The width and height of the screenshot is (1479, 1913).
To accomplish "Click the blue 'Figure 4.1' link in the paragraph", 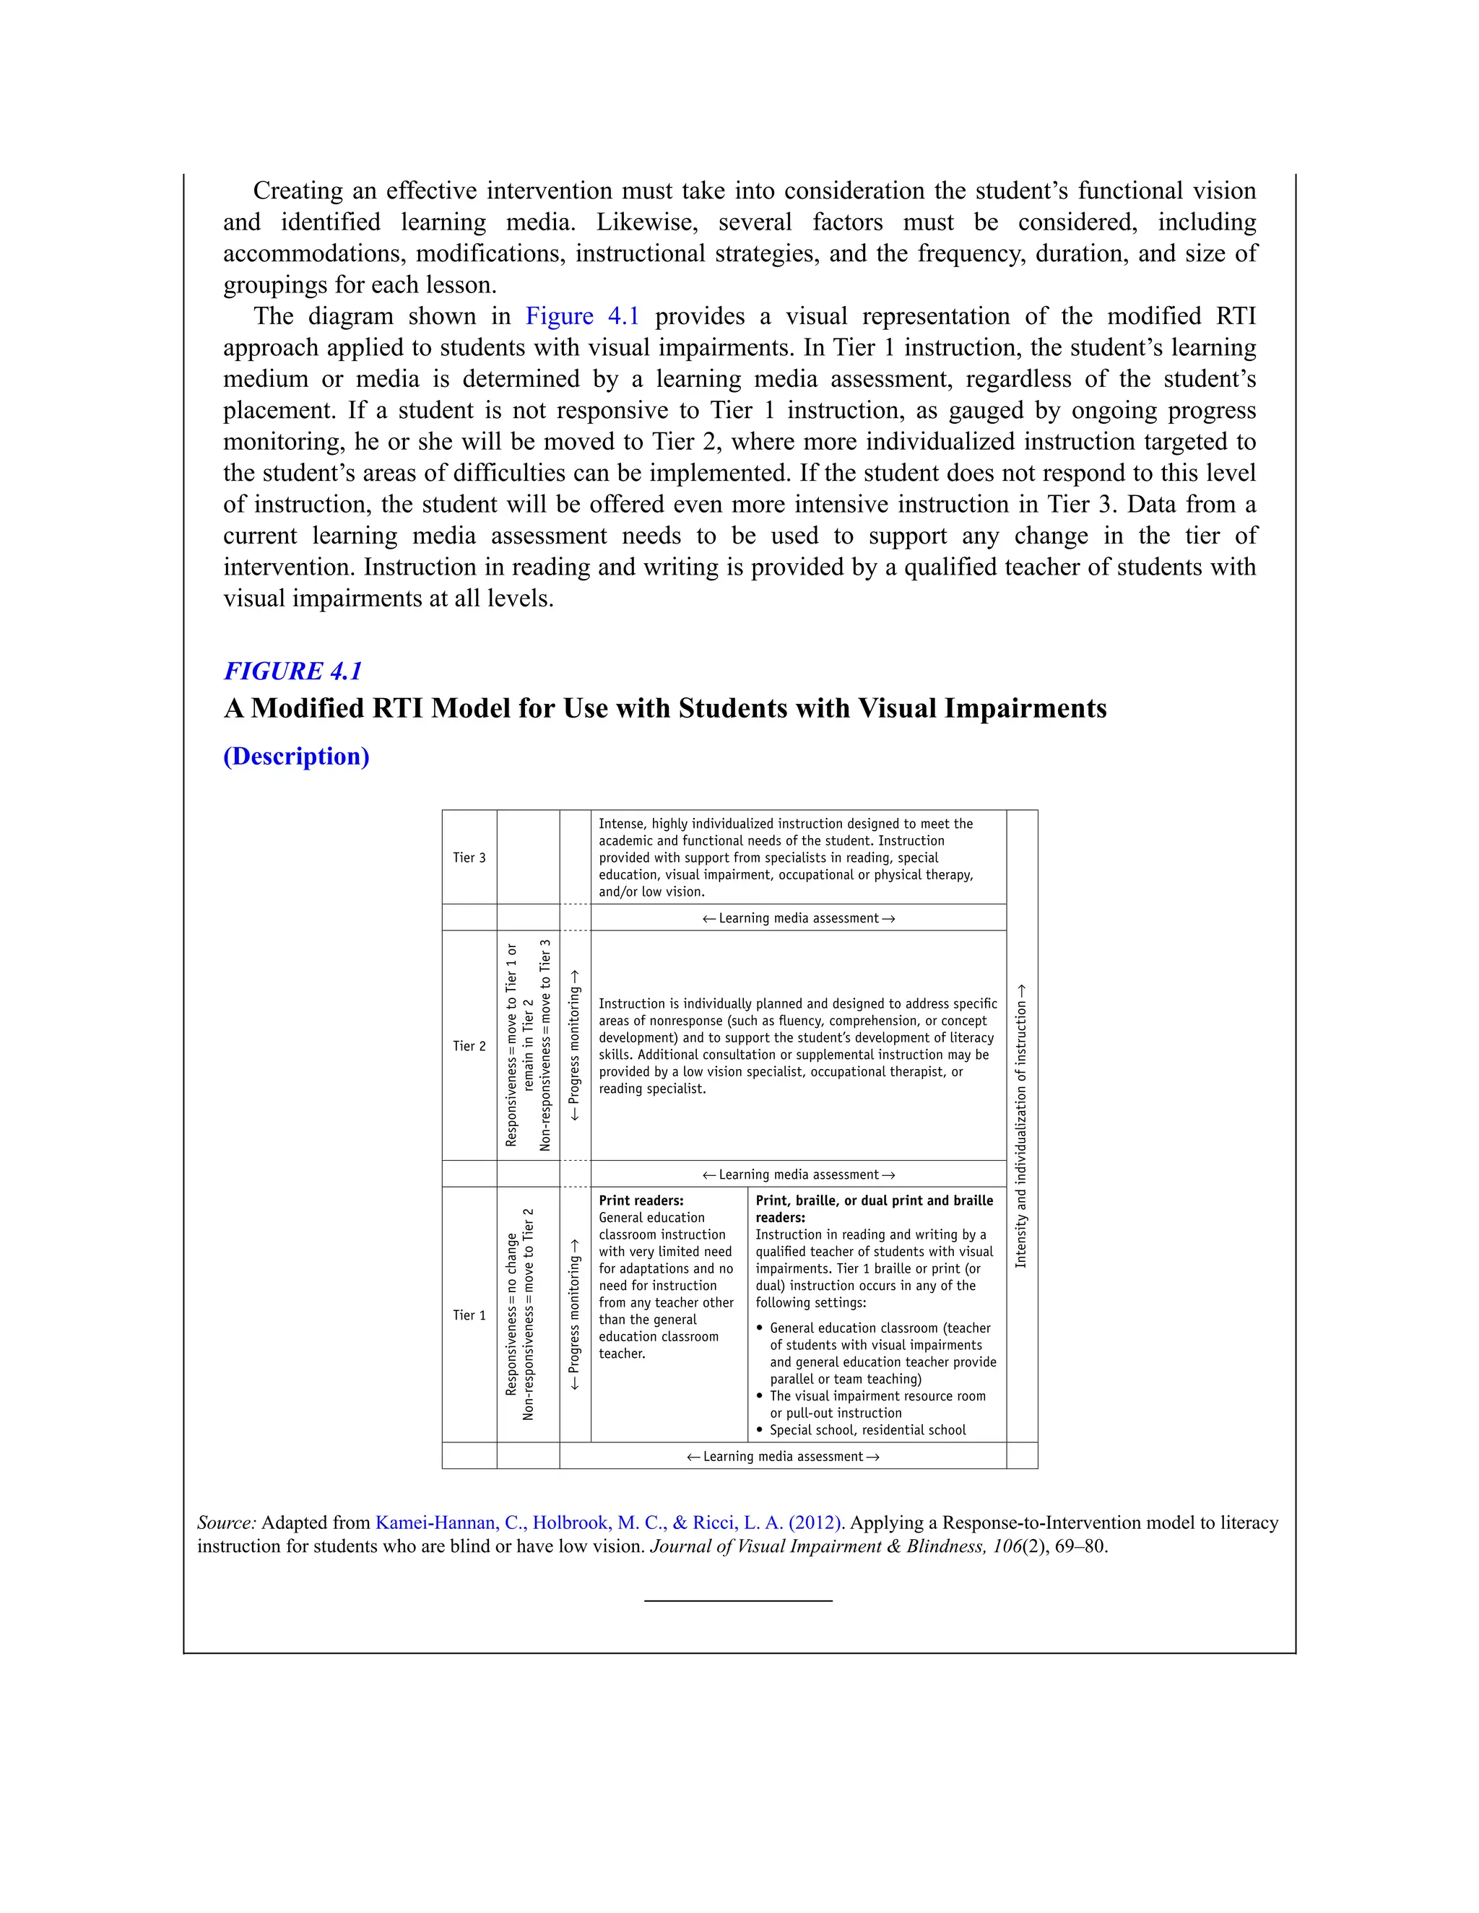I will pos(582,316).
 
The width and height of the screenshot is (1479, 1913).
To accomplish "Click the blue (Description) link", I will pos(296,756).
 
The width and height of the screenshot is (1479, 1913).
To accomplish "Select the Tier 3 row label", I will pos(469,858).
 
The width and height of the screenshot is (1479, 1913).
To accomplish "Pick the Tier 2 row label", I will pos(469,1046).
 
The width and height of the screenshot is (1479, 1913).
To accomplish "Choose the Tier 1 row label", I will pos(469,1315).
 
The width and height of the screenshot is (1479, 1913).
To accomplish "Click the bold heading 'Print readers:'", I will pos(641,1201).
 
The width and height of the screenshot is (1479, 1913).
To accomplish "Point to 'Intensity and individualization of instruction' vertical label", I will pos(1020,1125).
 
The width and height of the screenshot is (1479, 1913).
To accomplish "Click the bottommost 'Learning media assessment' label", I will pos(782,1456).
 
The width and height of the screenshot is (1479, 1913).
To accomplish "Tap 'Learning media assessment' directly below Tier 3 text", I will pos(798,918).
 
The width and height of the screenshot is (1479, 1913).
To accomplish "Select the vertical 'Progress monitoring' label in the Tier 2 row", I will pos(575,1045).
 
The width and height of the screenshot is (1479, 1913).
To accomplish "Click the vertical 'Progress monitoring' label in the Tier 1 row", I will pos(575,1314).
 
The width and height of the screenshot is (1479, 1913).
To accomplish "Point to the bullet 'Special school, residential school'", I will pos(867,1429).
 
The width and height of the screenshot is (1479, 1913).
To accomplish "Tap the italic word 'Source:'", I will pos(226,1522).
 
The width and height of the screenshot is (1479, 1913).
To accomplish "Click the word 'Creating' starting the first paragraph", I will pos(298,191).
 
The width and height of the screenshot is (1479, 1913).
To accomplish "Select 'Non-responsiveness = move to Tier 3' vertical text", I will pos(545,1045).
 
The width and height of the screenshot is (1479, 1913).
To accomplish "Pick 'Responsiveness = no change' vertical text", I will pos(512,1314).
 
